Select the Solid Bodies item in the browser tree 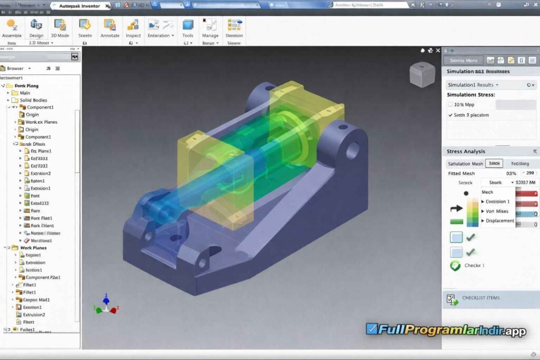[x=33, y=100]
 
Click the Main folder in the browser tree [x=24, y=93]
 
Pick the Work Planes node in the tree [x=33, y=248]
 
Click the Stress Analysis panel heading [x=466, y=152]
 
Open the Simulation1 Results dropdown [x=473, y=85]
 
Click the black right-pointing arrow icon [x=456, y=209]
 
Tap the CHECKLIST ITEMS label [x=480, y=298]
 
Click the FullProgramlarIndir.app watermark [x=446, y=330]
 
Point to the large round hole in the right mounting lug [x=352, y=149]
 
